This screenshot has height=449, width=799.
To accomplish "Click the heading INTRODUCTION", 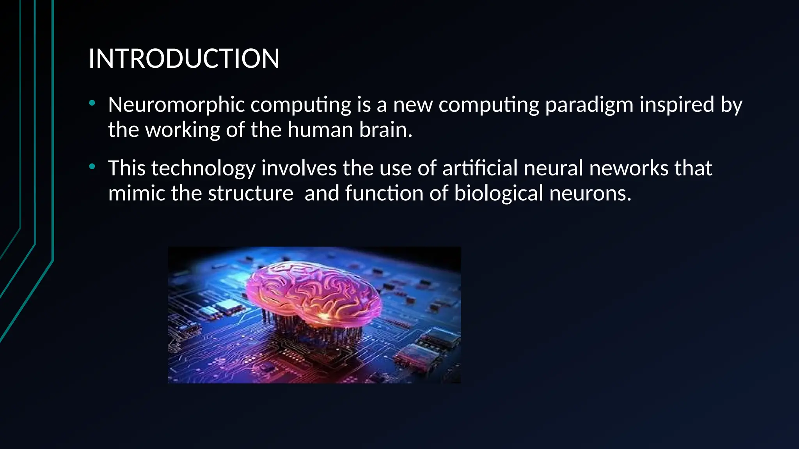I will pyautogui.click(x=184, y=59).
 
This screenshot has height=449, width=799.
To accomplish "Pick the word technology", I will pyautogui.click(x=203, y=169).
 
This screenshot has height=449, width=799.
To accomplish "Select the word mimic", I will pyautogui.click(x=137, y=194).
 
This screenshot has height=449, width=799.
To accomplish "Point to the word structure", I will pyautogui.click(x=250, y=194).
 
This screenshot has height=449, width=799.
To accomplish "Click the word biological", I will pyautogui.click(x=499, y=194).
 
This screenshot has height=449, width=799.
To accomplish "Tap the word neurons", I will pyautogui.click(x=590, y=194).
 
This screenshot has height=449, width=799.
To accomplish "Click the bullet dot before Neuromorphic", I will pyautogui.click(x=92, y=103).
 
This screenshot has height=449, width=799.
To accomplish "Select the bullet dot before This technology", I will pyautogui.click(x=92, y=167).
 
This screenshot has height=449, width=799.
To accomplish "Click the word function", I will pyautogui.click(x=384, y=194).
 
